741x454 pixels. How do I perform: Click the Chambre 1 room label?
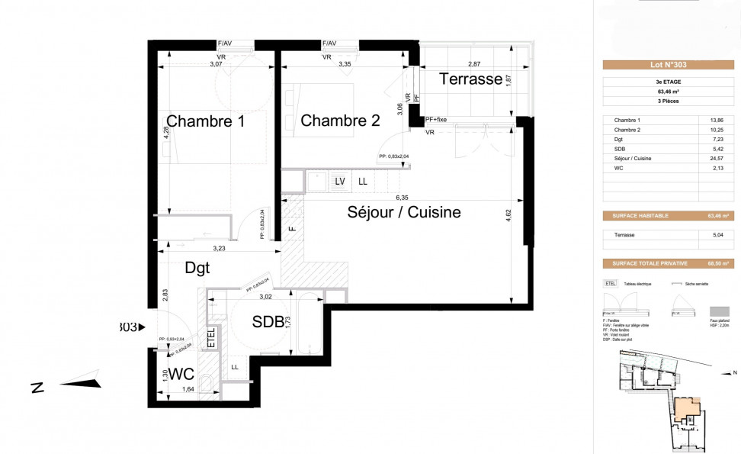tap(205, 121)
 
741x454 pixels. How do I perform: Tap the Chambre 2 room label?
tap(340, 121)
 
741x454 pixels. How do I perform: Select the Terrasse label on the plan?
tap(470, 79)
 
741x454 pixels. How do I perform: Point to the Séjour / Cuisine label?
tap(404, 212)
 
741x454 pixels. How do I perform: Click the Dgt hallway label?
tap(197, 268)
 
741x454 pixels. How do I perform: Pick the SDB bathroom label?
tap(268, 322)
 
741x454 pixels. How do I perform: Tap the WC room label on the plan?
tap(181, 375)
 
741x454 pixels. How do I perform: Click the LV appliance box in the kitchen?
tap(340, 181)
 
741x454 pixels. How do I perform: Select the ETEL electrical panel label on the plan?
tap(211, 338)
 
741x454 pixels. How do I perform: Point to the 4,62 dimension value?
tap(508, 216)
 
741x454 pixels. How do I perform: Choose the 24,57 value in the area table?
tap(716, 158)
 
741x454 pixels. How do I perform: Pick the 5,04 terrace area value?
tap(716, 235)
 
